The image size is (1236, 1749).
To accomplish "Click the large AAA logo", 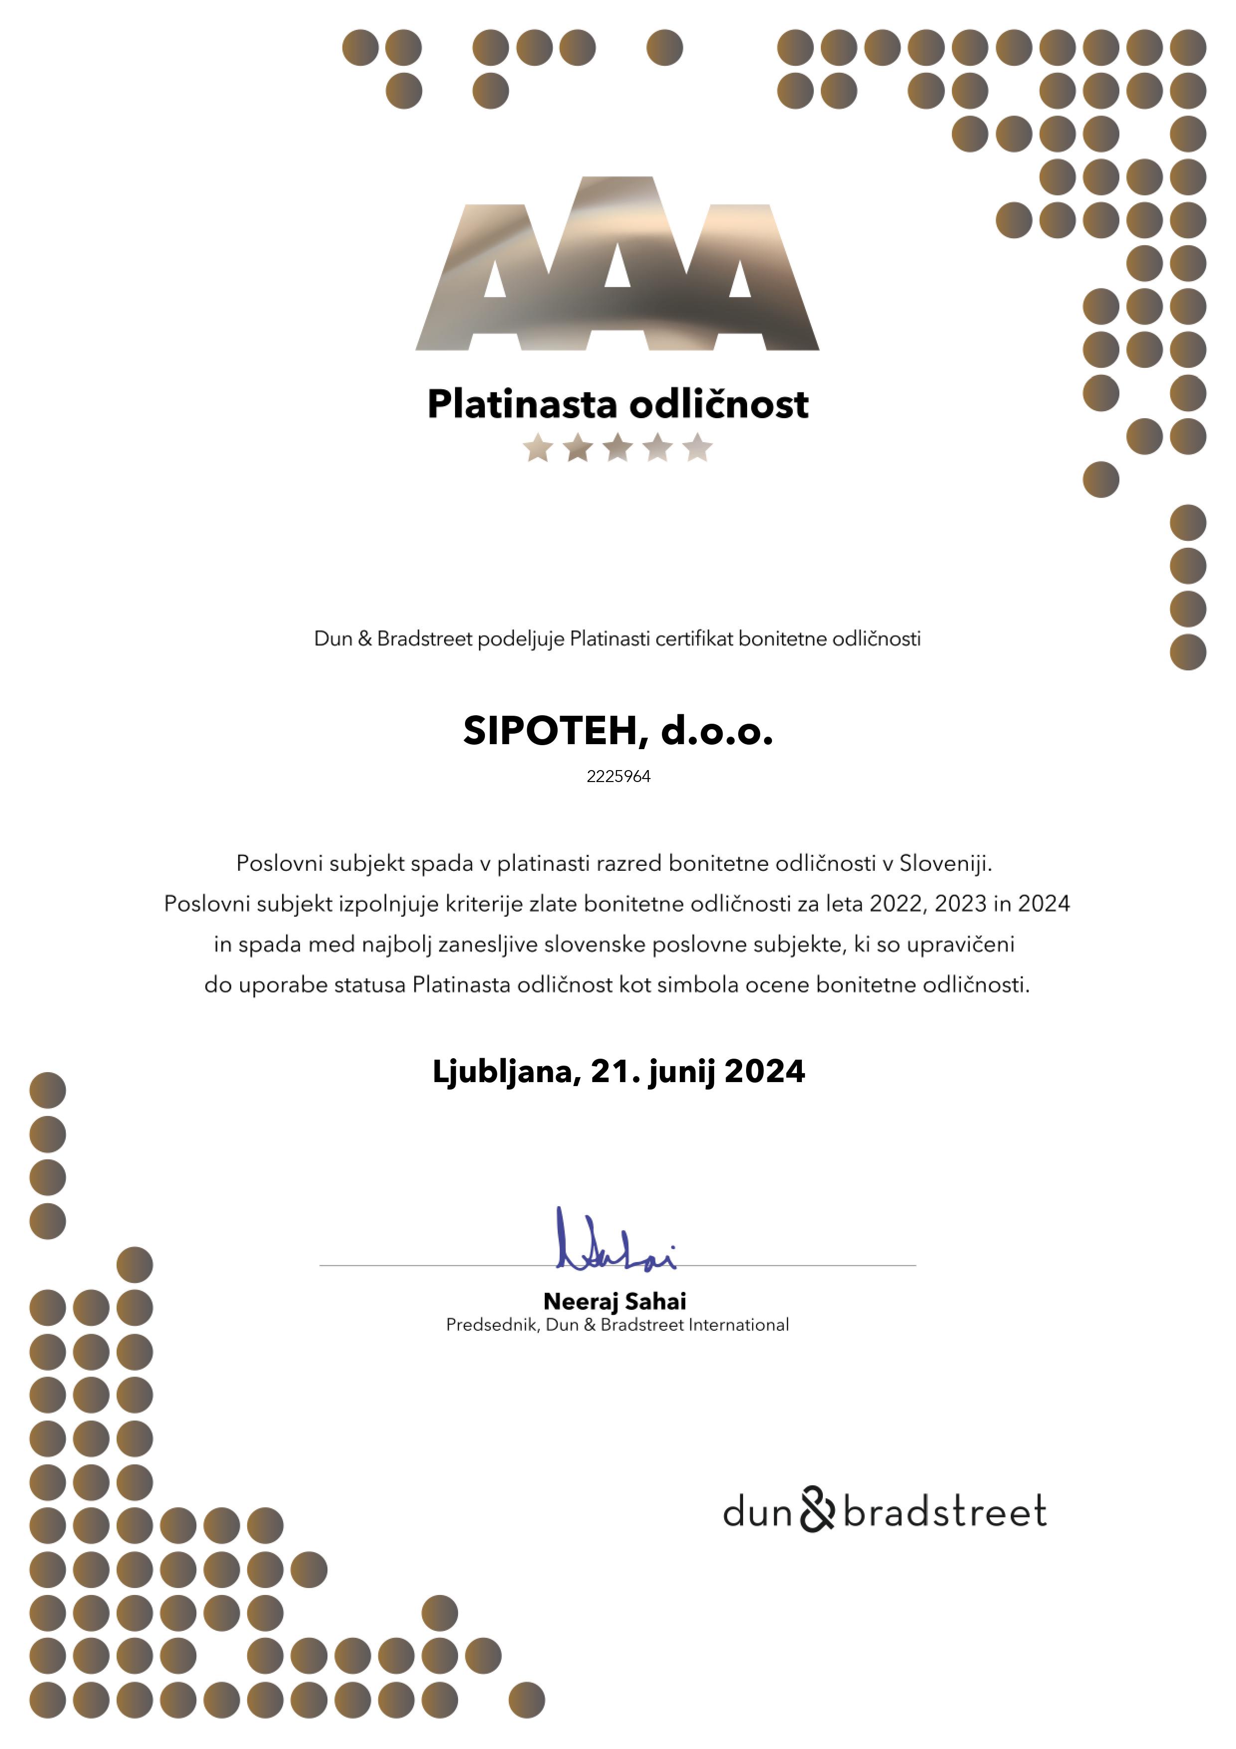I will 617,267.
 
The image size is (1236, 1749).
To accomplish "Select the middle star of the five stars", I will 618,448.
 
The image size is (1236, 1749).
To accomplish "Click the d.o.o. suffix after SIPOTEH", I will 717,731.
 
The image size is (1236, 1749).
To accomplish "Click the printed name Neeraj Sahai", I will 615,1301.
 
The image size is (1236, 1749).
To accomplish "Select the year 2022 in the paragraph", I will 895,904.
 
